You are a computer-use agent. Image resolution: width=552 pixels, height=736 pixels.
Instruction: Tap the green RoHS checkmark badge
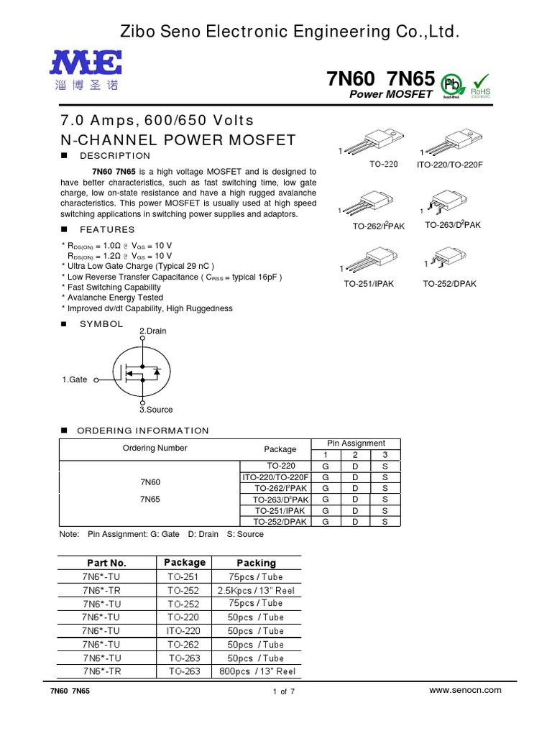pyautogui.click(x=480, y=85)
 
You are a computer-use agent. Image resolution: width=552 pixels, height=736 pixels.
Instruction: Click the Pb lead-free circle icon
pyautogui.click(x=451, y=83)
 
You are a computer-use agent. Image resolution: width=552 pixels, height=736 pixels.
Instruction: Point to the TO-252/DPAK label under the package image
pyautogui.click(x=449, y=284)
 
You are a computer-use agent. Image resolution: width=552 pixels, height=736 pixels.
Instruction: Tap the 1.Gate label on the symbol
pyautogui.click(x=75, y=379)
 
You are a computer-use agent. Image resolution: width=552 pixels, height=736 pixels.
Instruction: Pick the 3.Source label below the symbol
pyautogui.click(x=156, y=409)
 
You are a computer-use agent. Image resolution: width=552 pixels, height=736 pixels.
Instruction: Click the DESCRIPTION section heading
pyautogui.click(x=115, y=156)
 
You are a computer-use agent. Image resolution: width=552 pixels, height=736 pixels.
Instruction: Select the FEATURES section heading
pyautogui.click(x=107, y=230)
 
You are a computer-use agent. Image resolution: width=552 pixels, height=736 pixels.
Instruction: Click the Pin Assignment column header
pyautogui.click(x=356, y=443)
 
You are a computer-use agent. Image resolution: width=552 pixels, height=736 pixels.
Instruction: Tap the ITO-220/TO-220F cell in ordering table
pyautogui.click(x=275, y=477)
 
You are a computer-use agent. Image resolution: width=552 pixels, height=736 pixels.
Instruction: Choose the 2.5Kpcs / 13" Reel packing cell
pyautogui.click(x=256, y=590)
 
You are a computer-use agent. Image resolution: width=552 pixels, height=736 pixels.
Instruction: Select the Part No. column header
pyautogui.click(x=106, y=563)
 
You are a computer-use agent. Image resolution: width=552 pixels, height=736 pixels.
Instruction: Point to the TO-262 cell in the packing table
pyautogui.click(x=185, y=645)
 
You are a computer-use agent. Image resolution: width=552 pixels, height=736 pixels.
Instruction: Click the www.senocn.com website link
pyautogui.click(x=464, y=689)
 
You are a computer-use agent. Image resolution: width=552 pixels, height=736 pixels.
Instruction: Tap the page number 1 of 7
pyautogui.click(x=279, y=691)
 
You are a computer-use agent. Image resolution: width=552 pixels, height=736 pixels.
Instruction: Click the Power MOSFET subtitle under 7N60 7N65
pyautogui.click(x=390, y=94)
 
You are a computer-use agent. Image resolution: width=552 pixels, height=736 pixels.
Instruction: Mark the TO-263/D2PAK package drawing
pyautogui.click(x=451, y=204)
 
